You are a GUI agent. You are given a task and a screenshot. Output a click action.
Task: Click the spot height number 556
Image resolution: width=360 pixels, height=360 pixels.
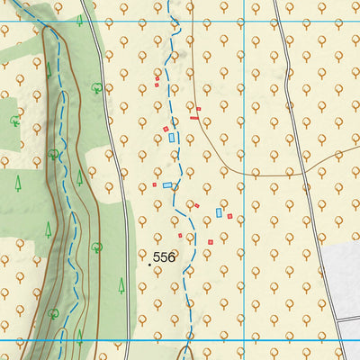164,257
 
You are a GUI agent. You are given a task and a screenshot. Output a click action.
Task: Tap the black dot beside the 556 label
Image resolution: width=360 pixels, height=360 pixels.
148,265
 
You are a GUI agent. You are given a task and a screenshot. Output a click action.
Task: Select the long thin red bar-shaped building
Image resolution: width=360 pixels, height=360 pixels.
194,117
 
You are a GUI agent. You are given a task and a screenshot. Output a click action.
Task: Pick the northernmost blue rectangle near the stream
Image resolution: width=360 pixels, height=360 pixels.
173,138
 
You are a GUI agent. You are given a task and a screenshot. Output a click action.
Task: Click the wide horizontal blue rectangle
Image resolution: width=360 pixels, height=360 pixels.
167,185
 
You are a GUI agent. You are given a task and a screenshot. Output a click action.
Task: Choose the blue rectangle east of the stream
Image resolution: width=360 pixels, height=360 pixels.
219,213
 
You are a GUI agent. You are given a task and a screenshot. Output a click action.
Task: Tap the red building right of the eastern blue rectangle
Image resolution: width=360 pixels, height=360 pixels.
229,216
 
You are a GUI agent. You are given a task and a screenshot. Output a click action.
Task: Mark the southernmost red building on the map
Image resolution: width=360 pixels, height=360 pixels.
211,242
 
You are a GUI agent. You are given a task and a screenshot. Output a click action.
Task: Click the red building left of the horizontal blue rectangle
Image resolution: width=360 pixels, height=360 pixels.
154,184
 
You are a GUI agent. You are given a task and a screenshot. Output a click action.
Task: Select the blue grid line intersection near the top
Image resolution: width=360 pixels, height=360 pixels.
244,21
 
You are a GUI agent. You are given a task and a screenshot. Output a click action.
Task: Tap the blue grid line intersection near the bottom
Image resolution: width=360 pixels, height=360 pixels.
244,341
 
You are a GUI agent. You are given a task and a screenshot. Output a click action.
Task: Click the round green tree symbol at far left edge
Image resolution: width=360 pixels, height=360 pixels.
14,120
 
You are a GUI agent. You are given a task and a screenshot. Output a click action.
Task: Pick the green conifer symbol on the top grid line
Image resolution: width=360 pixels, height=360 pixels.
80,20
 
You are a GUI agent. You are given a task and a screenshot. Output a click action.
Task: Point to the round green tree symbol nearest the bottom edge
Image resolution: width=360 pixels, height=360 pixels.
54,315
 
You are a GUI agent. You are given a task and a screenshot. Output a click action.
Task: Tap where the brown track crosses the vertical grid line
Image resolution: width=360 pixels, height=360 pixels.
244,171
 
